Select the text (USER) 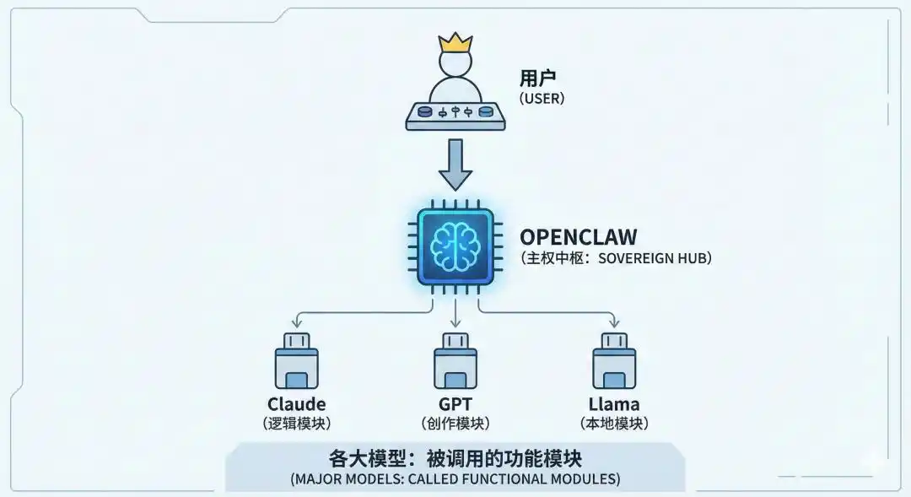tap(542, 99)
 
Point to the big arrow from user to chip tap(455, 165)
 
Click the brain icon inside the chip tap(455, 242)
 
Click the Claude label tap(296, 404)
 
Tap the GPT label tap(455, 404)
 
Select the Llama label tap(614, 404)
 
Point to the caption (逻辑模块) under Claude tap(296, 424)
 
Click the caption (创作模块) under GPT tap(455, 424)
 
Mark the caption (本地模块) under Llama tap(614, 424)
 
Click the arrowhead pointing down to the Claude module tap(296, 324)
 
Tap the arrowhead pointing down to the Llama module tap(614, 324)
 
